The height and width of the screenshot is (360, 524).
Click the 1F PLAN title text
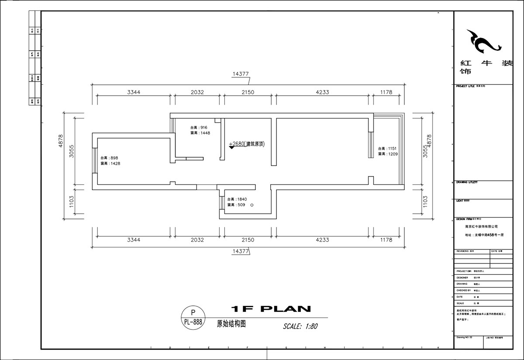(270, 309)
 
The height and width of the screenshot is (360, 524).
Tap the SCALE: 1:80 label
(300, 326)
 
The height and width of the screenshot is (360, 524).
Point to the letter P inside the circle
(193, 312)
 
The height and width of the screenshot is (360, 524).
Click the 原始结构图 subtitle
(232, 324)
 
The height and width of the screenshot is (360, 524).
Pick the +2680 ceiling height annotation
(247, 143)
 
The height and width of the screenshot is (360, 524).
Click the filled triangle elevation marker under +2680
(231, 148)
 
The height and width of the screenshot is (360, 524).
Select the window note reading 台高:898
(110, 158)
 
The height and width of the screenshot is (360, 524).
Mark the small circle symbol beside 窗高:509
(252, 205)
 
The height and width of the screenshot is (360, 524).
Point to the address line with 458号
(484, 235)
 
